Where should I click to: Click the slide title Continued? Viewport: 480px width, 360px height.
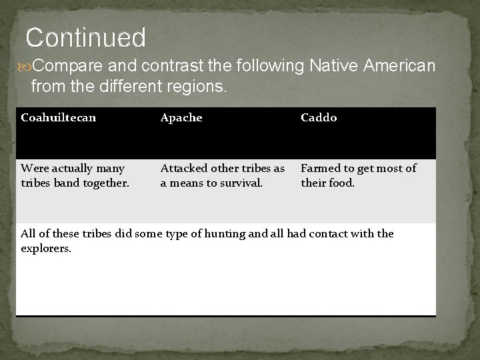coord(85,37)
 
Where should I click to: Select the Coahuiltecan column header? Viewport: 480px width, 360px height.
coord(59,118)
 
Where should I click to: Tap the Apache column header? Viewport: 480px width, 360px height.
coord(181,118)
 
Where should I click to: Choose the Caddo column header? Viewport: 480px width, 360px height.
coord(319,118)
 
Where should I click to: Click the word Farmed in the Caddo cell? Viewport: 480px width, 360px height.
coord(320,169)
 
